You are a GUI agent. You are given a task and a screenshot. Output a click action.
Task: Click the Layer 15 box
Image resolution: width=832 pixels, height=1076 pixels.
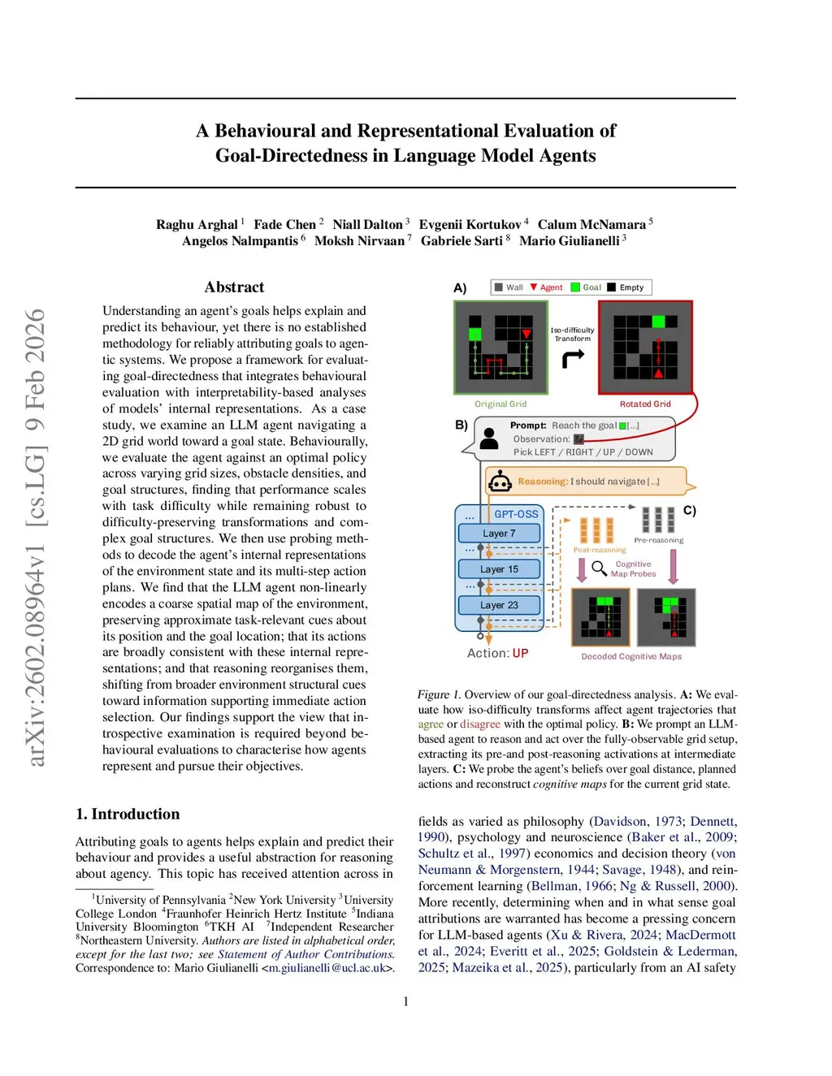point(499,569)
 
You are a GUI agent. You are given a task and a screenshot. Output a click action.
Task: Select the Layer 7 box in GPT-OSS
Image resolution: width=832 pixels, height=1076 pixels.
point(499,534)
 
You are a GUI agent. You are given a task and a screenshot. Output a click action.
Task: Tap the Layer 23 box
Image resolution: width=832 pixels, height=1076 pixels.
point(499,605)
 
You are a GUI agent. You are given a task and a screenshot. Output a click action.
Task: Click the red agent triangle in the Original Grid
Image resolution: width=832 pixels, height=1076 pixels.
point(526,334)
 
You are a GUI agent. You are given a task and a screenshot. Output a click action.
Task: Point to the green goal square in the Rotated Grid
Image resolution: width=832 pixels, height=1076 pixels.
point(659,322)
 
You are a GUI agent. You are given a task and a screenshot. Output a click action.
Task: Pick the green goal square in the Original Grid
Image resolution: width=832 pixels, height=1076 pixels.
point(475,334)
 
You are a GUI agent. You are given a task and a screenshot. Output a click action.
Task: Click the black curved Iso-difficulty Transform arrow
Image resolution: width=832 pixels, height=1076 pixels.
point(574,358)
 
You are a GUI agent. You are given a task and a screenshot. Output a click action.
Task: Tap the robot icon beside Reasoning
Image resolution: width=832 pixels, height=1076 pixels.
point(500,482)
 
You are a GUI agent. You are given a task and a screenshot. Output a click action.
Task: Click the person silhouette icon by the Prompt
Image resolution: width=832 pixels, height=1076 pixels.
point(489,439)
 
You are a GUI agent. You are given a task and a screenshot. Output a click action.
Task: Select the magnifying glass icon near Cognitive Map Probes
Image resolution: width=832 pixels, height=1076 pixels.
point(599,568)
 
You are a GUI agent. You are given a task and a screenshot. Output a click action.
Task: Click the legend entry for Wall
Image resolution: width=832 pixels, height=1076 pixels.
point(509,287)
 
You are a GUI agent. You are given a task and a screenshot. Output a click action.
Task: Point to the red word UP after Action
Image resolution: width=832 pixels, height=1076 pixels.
point(520,654)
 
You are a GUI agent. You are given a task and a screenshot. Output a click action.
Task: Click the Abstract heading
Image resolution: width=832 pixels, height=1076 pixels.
point(234,287)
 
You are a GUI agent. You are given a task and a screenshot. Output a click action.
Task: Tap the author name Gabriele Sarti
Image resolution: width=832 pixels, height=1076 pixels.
point(461,241)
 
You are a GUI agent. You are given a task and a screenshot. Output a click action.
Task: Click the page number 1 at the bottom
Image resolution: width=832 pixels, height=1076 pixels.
point(406,1001)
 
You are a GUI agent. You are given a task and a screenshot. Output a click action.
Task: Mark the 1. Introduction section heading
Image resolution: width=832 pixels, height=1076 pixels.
point(128,814)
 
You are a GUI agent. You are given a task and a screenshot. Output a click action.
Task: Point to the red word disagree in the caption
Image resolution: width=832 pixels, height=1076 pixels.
point(480,724)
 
